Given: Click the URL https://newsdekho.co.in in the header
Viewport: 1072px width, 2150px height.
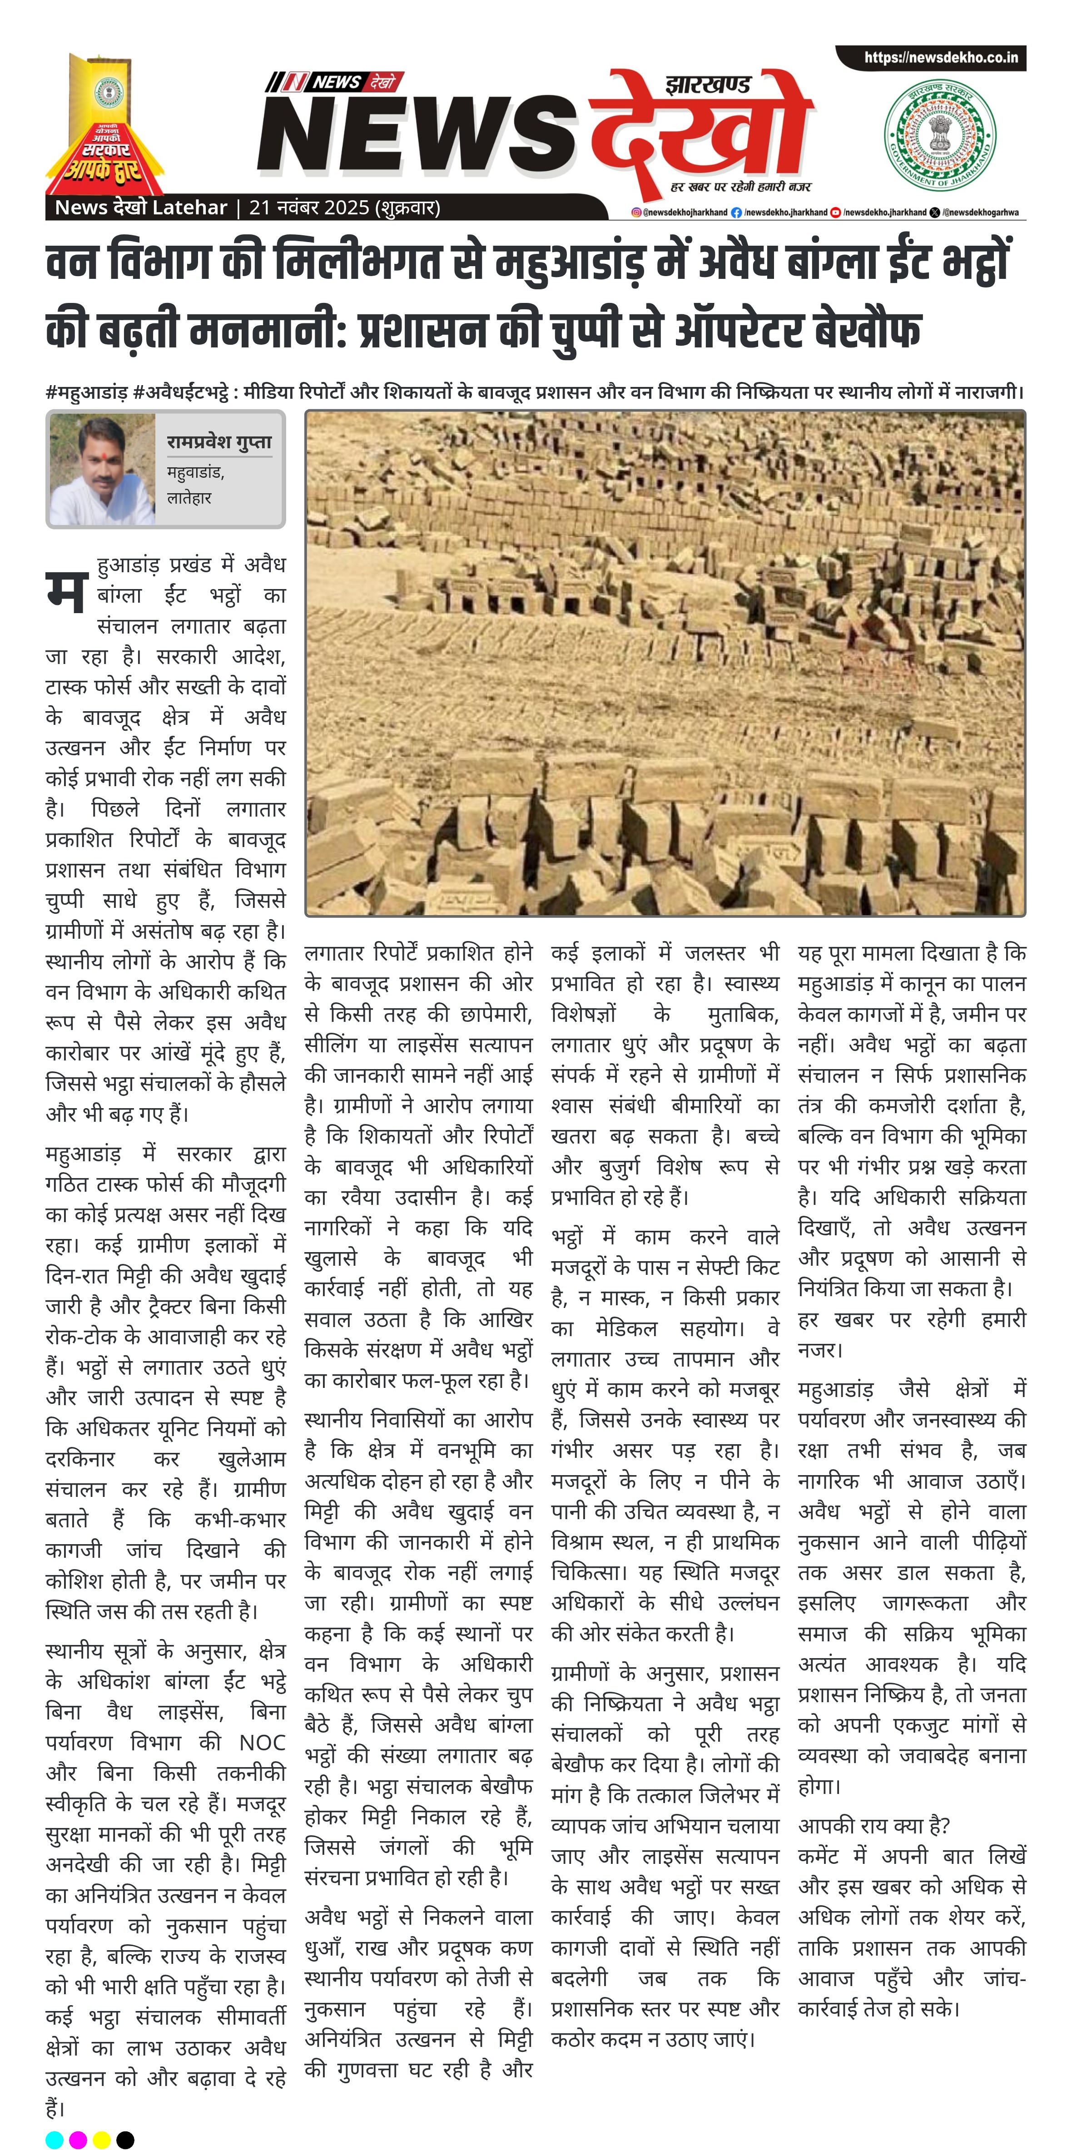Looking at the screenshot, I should tap(940, 58).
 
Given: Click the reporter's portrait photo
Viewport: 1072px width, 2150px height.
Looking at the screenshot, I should tap(102, 469).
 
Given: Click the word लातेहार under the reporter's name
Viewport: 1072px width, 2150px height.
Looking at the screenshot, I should tap(189, 498).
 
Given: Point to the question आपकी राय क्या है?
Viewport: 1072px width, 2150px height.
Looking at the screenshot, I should tap(873, 1825).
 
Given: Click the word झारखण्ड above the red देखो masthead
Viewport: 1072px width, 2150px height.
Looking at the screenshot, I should tap(708, 84).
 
